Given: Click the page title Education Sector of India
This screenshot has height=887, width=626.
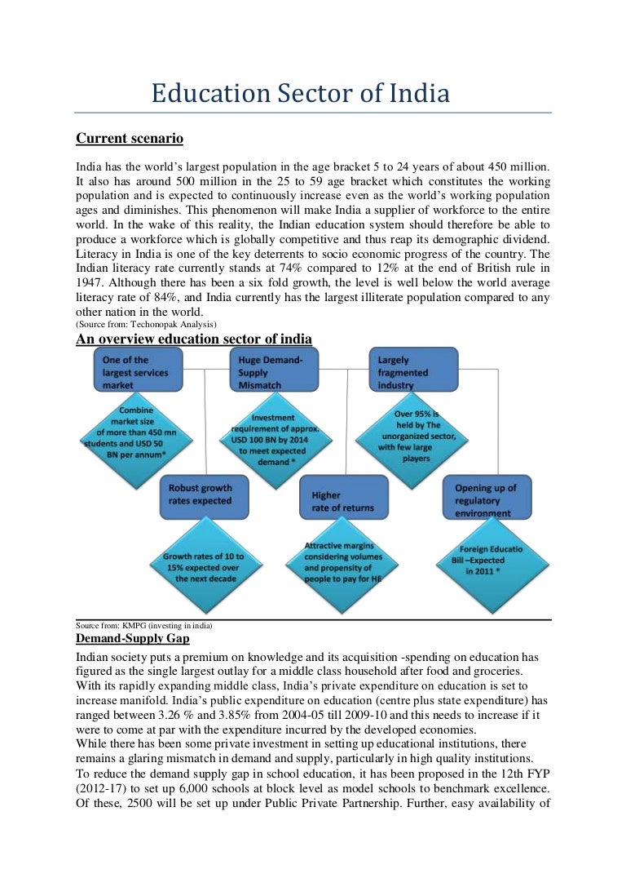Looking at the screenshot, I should (x=300, y=94).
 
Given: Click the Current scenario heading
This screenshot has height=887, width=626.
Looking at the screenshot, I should (x=129, y=138).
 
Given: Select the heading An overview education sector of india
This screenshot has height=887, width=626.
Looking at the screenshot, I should (x=194, y=339).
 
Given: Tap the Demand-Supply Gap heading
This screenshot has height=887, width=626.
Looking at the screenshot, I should (x=128, y=638).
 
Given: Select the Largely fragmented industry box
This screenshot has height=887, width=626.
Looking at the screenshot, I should (x=413, y=372).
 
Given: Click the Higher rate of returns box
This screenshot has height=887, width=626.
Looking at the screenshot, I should (x=342, y=501).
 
